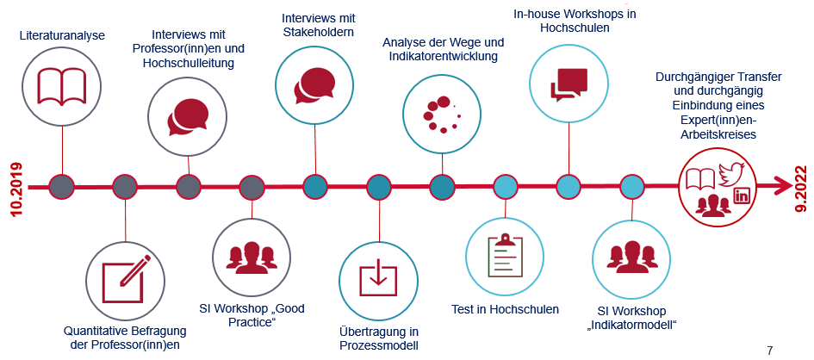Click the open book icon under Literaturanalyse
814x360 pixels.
coord(62,85)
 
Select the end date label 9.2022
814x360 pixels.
coord(800,189)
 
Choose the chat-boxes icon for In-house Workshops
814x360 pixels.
coord(569,84)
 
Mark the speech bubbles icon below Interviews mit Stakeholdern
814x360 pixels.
coord(314,86)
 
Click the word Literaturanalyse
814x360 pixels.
coord(62,35)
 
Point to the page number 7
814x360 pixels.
coord(769,351)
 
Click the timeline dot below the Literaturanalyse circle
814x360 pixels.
coord(62,186)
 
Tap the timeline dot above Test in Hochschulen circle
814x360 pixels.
coord(505,186)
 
